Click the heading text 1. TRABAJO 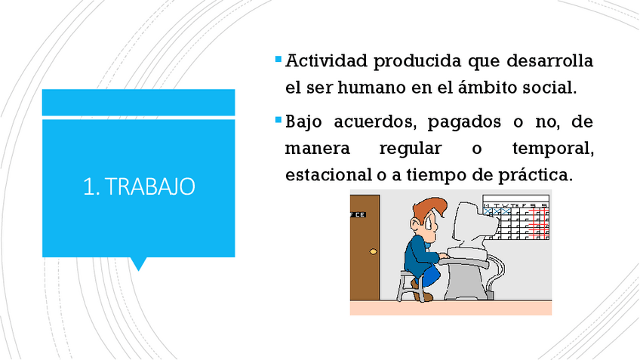click(139, 186)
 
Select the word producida click(417, 62)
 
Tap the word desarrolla click(549, 61)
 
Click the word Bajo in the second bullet click(303, 122)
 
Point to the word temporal click(553, 149)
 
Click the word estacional click(328, 175)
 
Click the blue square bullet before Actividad click(278, 59)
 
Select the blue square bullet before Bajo click(278, 120)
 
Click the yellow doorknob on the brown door click(373, 251)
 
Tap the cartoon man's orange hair click(429, 208)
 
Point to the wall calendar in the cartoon click(516, 217)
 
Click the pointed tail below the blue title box click(138, 263)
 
